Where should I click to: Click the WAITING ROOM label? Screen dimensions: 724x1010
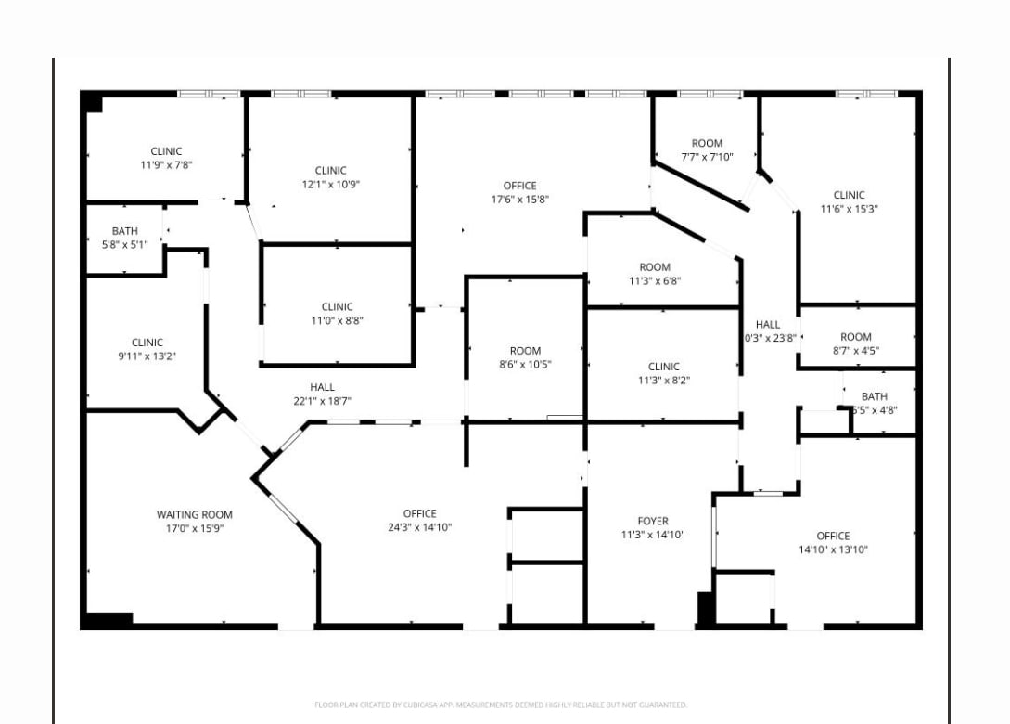[194, 514]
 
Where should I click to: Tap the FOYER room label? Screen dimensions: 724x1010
[653, 521]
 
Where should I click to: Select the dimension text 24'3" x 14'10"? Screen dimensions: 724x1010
[419, 527]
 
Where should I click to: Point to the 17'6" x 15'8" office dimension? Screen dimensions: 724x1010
[519, 200]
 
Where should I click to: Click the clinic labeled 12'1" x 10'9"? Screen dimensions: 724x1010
[330, 177]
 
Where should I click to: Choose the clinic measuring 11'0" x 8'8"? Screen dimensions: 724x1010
[337, 314]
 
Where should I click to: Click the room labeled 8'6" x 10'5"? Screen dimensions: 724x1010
[525, 357]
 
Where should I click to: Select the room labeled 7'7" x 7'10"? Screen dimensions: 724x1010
[707, 150]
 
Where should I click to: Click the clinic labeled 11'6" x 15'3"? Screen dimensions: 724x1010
[849, 201]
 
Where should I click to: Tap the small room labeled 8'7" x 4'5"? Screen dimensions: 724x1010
[856, 343]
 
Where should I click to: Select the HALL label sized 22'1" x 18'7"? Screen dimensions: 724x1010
[322, 394]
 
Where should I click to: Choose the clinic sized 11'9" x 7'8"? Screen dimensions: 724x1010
[166, 158]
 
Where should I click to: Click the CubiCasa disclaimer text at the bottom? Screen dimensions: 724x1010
[501, 705]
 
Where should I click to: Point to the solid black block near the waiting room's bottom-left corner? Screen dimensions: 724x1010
[109, 619]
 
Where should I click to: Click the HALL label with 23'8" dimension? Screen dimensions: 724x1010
[768, 330]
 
